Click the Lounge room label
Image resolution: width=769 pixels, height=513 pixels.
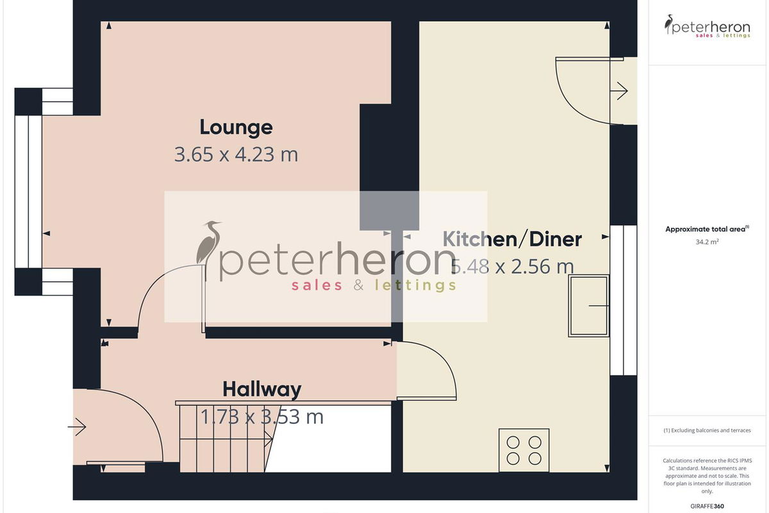[x=236, y=128]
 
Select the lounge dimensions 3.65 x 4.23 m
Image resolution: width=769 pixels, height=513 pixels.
[x=236, y=155]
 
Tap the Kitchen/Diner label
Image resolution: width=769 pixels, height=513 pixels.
[x=512, y=239]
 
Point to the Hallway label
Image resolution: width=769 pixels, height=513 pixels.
[x=262, y=390]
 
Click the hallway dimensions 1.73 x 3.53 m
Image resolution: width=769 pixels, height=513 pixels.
[x=262, y=417]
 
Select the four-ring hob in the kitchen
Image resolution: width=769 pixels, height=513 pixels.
[x=524, y=450]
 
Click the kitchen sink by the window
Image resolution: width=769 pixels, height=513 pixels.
[x=589, y=305]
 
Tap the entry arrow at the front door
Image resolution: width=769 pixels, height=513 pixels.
[x=76, y=427]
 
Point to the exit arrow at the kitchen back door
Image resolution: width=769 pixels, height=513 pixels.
[x=618, y=91]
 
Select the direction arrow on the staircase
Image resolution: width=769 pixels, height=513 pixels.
[x=227, y=439]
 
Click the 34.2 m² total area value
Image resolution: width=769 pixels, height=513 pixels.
[x=707, y=242]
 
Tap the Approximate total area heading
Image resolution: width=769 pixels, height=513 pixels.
[x=707, y=229]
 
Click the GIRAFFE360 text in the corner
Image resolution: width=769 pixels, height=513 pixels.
[x=707, y=506]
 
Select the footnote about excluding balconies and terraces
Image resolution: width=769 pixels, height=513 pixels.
[x=707, y=430]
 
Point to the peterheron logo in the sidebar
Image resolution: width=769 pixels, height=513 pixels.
[x=707, y=26]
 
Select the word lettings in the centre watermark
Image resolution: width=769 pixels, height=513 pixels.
[x=415, y=285]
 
